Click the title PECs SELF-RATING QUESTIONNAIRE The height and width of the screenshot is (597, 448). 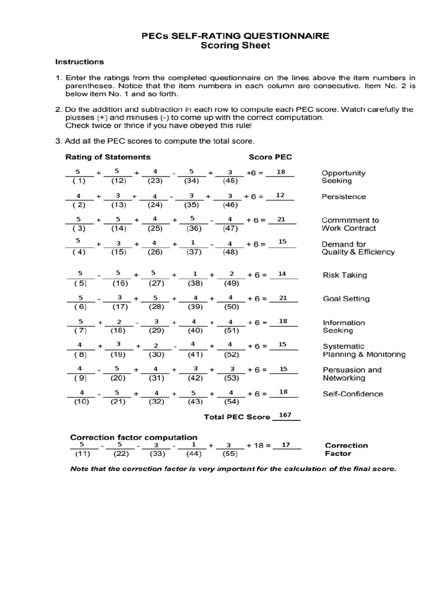click(235, 36)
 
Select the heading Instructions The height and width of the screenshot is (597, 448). click(79, 61)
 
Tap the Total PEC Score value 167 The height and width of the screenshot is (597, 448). click(285, 415)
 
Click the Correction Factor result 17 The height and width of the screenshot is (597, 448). click(286, 445)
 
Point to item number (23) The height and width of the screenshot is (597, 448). click(155, 181)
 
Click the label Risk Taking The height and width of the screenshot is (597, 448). click(345, 275)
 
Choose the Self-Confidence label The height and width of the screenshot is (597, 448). click(353, 394)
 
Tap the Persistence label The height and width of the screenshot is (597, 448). click(344, 196)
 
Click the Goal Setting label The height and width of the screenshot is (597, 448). click(346, 298)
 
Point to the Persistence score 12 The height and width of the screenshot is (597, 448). click(280, 195)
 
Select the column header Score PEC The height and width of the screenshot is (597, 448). click(270, 157)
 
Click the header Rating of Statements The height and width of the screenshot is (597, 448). click(108, 157)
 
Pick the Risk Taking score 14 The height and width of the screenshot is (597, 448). click(282, 273)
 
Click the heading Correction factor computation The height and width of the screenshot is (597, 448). click(134, 437)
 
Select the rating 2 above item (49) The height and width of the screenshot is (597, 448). click(231, 273)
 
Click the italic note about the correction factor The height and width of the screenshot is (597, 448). click(233, 469)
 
